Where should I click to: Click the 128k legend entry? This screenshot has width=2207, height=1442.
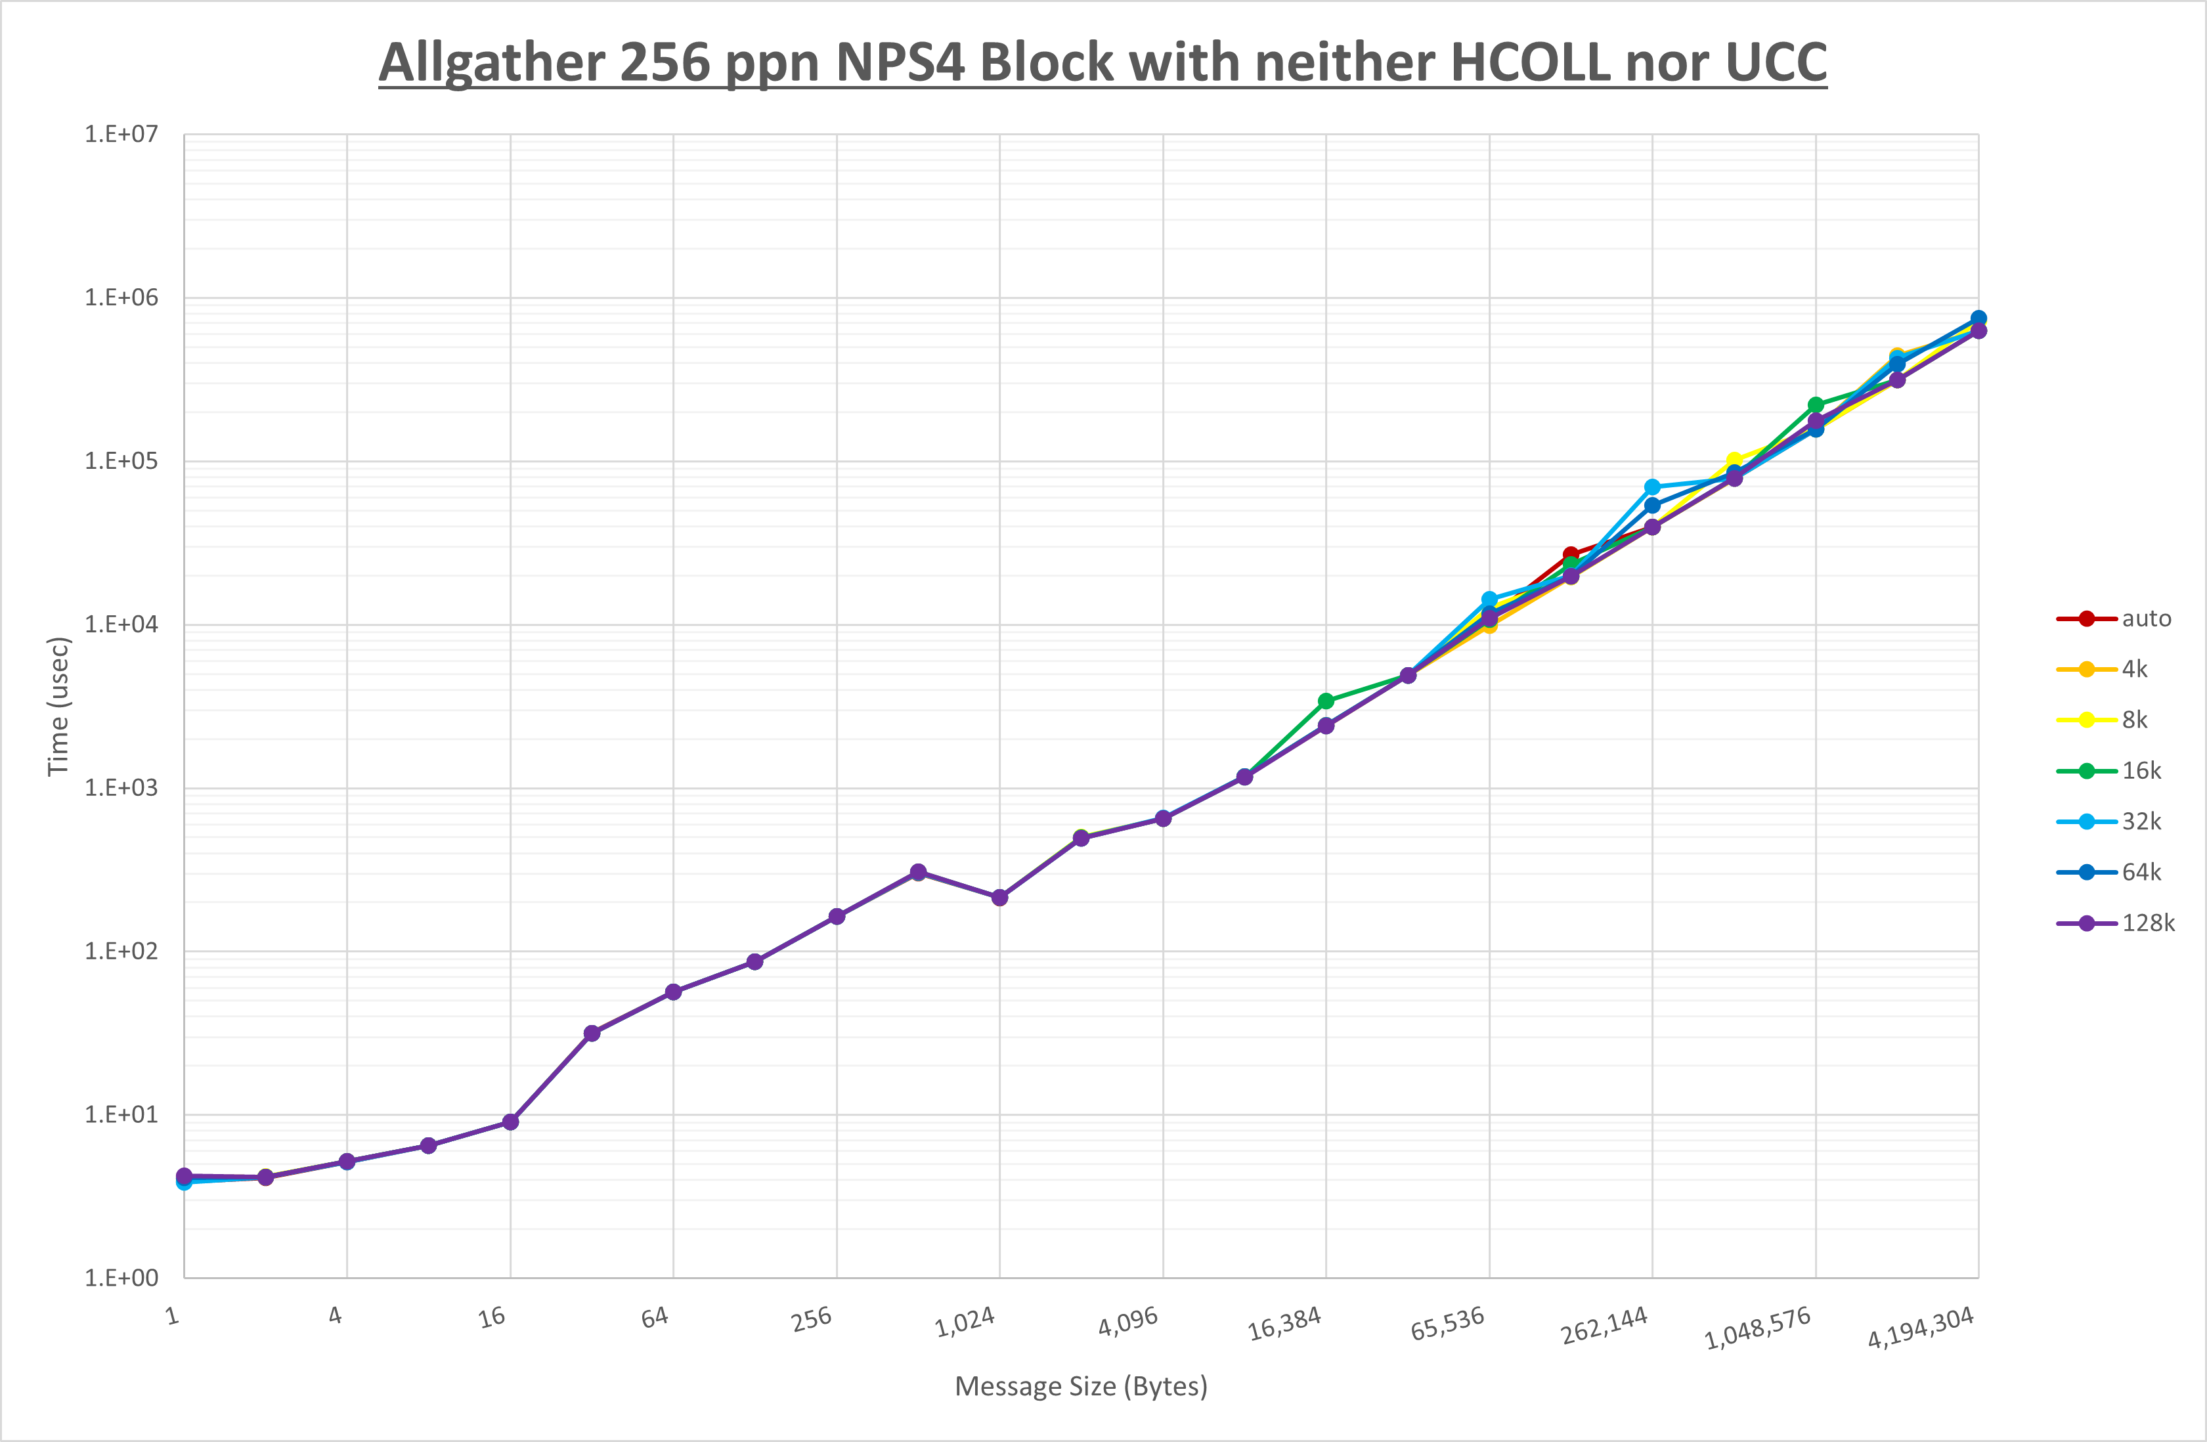(x=2148, y=923)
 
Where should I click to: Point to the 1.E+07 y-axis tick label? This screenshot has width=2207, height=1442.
(x=121, y=135)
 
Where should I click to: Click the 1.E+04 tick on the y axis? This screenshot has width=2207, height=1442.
(x=121, y=624)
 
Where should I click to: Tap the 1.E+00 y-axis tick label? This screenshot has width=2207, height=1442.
(x=121, y=1278)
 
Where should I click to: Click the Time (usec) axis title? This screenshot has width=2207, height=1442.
(x=58, y=706)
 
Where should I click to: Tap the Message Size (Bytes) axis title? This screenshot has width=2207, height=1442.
(x=1080, y=1386)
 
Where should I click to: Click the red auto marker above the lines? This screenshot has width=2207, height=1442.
(x=1570, y=555)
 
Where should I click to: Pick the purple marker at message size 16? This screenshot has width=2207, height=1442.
(x=510, y=1122)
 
